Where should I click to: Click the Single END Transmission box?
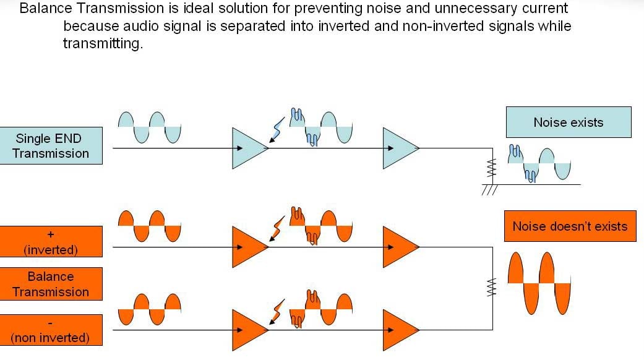(51, 146)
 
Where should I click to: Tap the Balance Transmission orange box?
(51, 284)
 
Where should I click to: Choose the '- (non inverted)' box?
(51, 330)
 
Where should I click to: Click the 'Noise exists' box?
(568, 122)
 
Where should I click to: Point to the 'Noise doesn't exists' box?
(570, 226)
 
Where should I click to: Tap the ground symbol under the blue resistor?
(489, 190)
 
